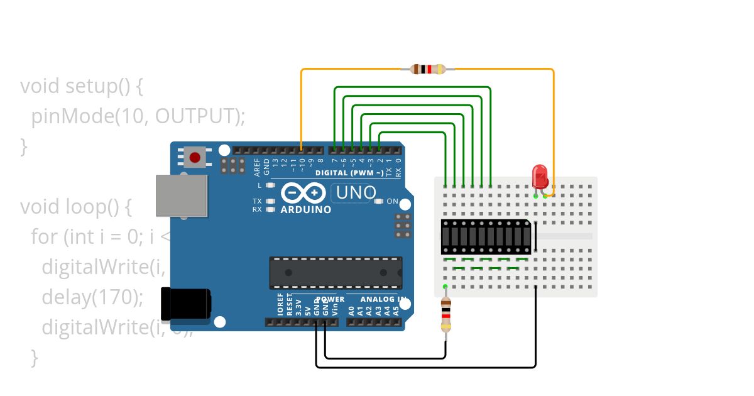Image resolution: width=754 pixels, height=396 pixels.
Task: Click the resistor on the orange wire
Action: tap(428, 69)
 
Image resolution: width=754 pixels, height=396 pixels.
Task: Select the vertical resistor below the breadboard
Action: tap(445, 315)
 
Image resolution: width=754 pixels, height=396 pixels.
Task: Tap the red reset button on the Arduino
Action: tap(195, 157)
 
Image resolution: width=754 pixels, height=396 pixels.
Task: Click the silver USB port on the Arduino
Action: tap(182, 195)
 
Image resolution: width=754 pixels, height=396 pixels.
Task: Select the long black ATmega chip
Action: tap(336, 272)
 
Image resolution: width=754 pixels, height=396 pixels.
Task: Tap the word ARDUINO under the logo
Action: tap(306, 209)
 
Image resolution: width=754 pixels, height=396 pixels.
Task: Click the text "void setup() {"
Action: tap(82, 85)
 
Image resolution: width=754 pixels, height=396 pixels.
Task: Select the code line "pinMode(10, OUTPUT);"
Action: tap(138, 116)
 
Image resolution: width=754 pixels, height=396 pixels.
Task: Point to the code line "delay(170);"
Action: tap(92, 296)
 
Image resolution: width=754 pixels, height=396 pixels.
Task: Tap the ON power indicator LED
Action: tap(378, 202)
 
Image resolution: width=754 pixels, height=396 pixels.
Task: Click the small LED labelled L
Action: tap(270, 185)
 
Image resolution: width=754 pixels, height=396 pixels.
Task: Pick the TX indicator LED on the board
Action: tap(270, 202)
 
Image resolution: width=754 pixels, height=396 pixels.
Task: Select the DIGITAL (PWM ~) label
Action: tap(349, 172)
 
